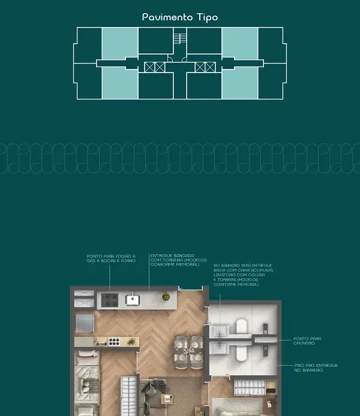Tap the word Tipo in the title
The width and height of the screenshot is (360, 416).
click(206, 17)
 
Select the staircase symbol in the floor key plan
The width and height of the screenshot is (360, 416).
click(179, 39)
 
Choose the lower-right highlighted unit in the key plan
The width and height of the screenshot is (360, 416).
click(240, 83)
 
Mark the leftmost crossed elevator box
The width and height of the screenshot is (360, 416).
click(149, 67)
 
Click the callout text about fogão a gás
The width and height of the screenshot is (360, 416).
click(111, 258)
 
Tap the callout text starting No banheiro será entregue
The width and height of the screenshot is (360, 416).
click(243, 274)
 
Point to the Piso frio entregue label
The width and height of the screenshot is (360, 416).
click(316, 367)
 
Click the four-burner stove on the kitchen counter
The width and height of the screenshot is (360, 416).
click(110, 298)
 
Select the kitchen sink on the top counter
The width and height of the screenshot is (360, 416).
click(132, 299)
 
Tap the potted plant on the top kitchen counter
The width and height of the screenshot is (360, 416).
click(167, 297)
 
